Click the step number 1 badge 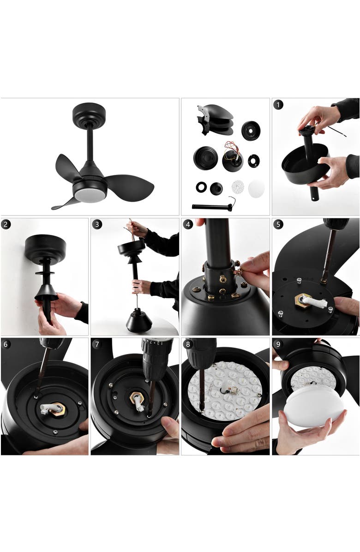pos(278,105)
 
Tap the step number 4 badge pos(188,224)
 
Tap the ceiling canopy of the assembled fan pos(89,114)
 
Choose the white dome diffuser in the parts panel pos(257,188)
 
